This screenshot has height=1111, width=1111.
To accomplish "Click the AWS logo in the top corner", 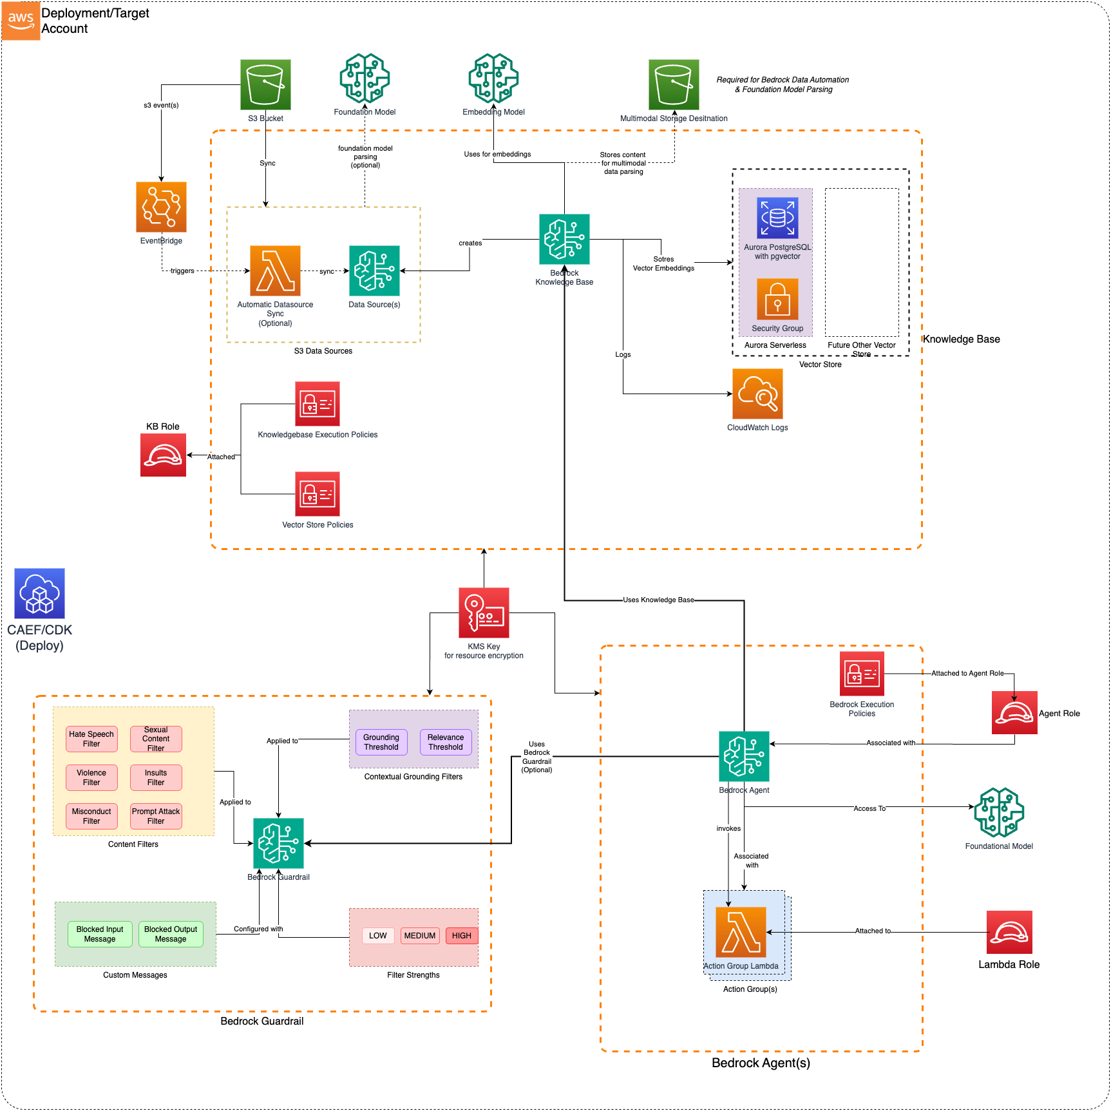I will pyautogui.click(x=21, y=21).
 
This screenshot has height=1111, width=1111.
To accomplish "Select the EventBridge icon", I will pyautogui.click(x=161, y=207).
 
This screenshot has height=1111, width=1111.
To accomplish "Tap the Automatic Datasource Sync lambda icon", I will pyautogui.click(x=275, y=271).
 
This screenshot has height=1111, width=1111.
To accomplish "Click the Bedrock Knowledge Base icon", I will pyautogui.click(x=564, y=239).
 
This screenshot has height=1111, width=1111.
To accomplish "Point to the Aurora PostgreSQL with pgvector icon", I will pyautogui.click(x=777, y=218).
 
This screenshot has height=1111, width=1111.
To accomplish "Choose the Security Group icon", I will pyautogui.click(x=777, y=299).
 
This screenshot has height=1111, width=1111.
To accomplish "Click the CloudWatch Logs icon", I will pyautogui.click(x=757, y=394).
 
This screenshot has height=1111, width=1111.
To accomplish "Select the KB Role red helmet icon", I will pyautogui.click(x=163, y=455).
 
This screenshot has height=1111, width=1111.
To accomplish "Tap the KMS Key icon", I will pyautogui.click(x=484, y=612).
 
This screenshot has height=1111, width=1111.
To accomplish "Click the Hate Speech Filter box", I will pyautogui.click(x=91, y=739).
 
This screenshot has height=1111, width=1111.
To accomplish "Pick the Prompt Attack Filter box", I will pyautogui.click(x=156, y=816).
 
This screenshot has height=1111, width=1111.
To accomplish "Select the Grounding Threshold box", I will pyautogui.click(x=381, y=742).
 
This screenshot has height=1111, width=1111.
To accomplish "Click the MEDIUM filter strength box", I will pyautogui.click(x=420, y=936).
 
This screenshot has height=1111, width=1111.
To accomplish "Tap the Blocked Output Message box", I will pyautogui.click(x=171, y=934).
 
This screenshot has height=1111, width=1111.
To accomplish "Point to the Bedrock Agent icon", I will pyautogui.click(x=744, y=756).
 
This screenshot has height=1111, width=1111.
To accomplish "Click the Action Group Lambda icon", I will pyautogui.click(x=741, y=932).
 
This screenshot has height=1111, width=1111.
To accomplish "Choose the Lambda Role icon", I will pyautogui.click(x=1009, y=932).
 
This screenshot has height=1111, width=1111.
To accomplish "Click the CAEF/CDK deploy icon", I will pyautogui.click(x=39, y=593).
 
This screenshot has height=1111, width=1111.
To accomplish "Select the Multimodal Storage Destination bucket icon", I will pyautogui.click(x=674, y=84).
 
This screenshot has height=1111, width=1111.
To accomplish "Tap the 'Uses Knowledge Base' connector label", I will pyautogui.click(x=658, y=600).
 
